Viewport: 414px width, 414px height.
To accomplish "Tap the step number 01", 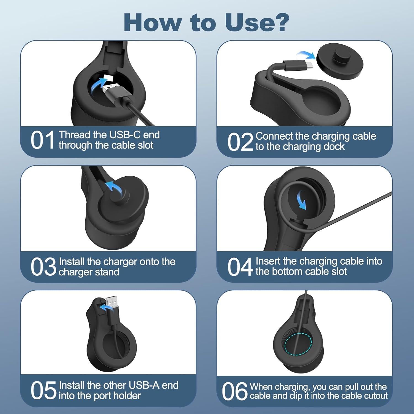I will tap(43, 140).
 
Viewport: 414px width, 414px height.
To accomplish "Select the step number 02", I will tap(240, 142).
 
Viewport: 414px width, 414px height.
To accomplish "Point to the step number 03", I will tap(43, 267).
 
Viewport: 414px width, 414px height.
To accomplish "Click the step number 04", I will tap(240, 267).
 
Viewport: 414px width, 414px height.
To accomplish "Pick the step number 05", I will tap(43, 391).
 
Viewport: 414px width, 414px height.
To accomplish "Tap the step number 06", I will tap(234, 391).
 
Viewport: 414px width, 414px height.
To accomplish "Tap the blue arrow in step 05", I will tap(106, 307).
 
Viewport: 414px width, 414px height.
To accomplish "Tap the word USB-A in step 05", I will tap(144, 385).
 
